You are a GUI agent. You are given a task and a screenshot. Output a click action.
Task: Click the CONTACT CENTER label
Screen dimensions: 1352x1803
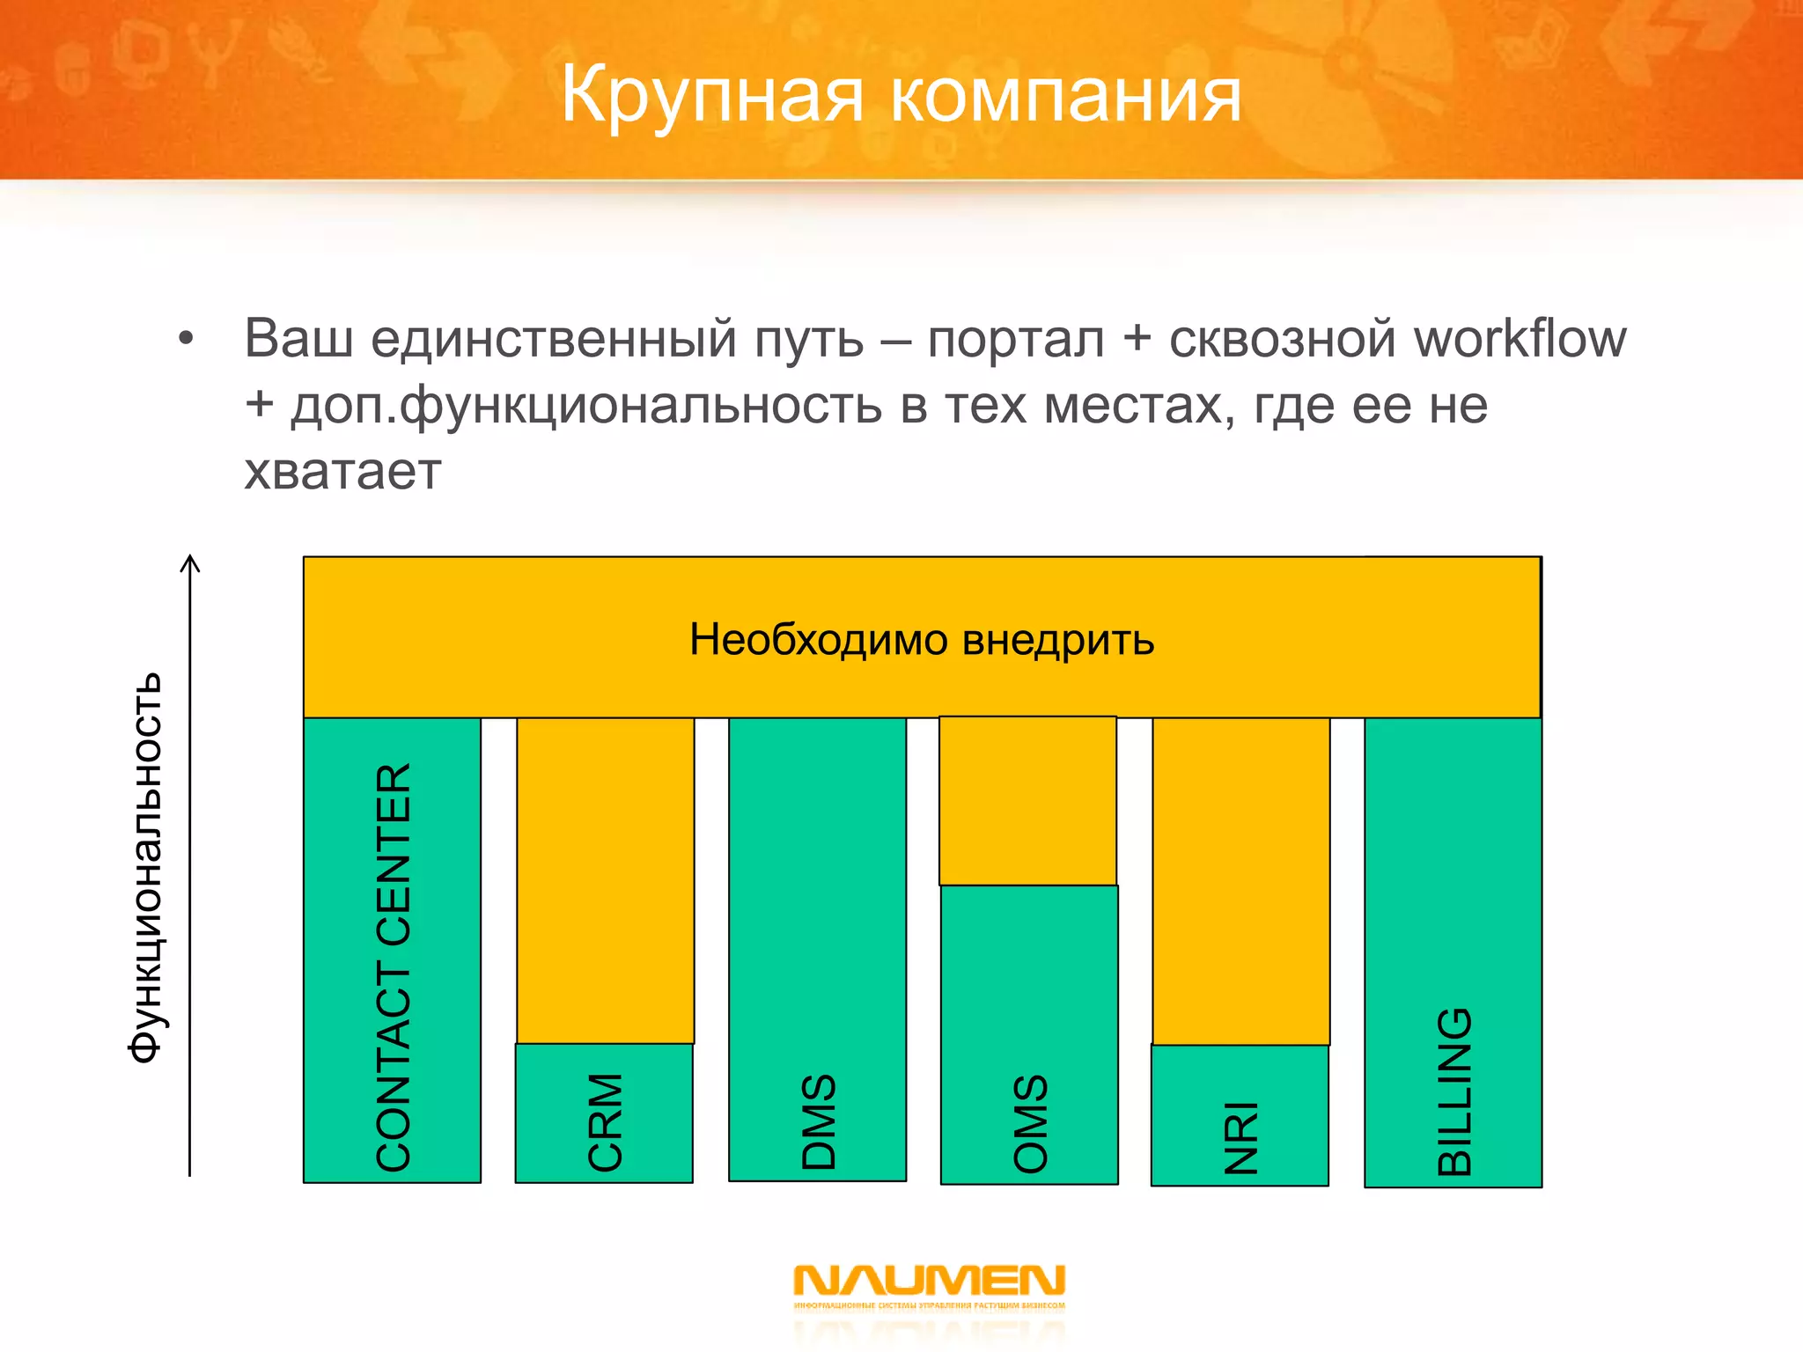point(393,966)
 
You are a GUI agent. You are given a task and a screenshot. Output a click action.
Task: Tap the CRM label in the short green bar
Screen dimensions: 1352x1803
point(605,1121)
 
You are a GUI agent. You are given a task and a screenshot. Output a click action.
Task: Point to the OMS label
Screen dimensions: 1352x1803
point(1030,1123)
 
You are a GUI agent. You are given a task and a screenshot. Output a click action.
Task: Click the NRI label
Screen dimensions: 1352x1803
point(1241,1137)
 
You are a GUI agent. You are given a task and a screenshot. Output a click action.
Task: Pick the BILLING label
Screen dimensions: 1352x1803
point(1454,1091)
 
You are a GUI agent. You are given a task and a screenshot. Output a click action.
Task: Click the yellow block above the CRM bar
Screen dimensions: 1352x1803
point(605,880)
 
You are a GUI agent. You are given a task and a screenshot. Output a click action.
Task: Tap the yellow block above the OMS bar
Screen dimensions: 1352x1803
point(1027,801)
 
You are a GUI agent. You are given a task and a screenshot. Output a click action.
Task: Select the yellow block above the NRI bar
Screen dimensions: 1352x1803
point(1240,880)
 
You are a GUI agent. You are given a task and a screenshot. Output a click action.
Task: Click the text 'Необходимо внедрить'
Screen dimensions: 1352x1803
point(921,639)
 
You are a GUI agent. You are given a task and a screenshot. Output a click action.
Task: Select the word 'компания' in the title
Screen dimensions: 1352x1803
point(1065,95)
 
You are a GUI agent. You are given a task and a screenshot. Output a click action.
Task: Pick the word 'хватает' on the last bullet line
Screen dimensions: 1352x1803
point(342,472)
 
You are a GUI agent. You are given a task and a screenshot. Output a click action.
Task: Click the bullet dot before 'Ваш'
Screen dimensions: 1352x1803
point(185,339)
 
